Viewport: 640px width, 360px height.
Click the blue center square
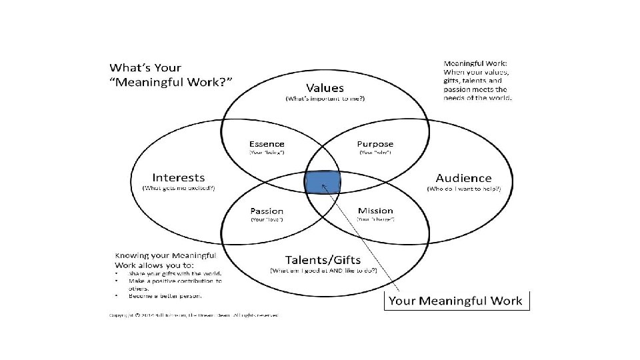[x=323, y=181]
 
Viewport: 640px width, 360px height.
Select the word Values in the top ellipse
[x=325, y=87]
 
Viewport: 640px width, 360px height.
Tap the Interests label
[x=178, y=177]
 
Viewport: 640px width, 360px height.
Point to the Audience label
[x=463, y=178]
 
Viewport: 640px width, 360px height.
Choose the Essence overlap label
[x=266, y=143]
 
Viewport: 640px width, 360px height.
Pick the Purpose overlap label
[x=375, y=143]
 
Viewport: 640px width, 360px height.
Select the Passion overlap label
[x=266, y=211]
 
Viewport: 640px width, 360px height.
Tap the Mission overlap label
[x=375, y=211]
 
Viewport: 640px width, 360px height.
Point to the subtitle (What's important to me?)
[x=325, y=99]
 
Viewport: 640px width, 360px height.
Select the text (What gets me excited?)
[x=179, y=189]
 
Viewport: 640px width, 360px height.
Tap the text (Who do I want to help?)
[x=463, y=189]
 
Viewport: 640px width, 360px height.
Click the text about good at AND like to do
[x=323, y=270]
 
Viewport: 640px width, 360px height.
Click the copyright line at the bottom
[x=193, y=315]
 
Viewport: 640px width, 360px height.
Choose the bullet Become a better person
[x=167, y=295]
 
